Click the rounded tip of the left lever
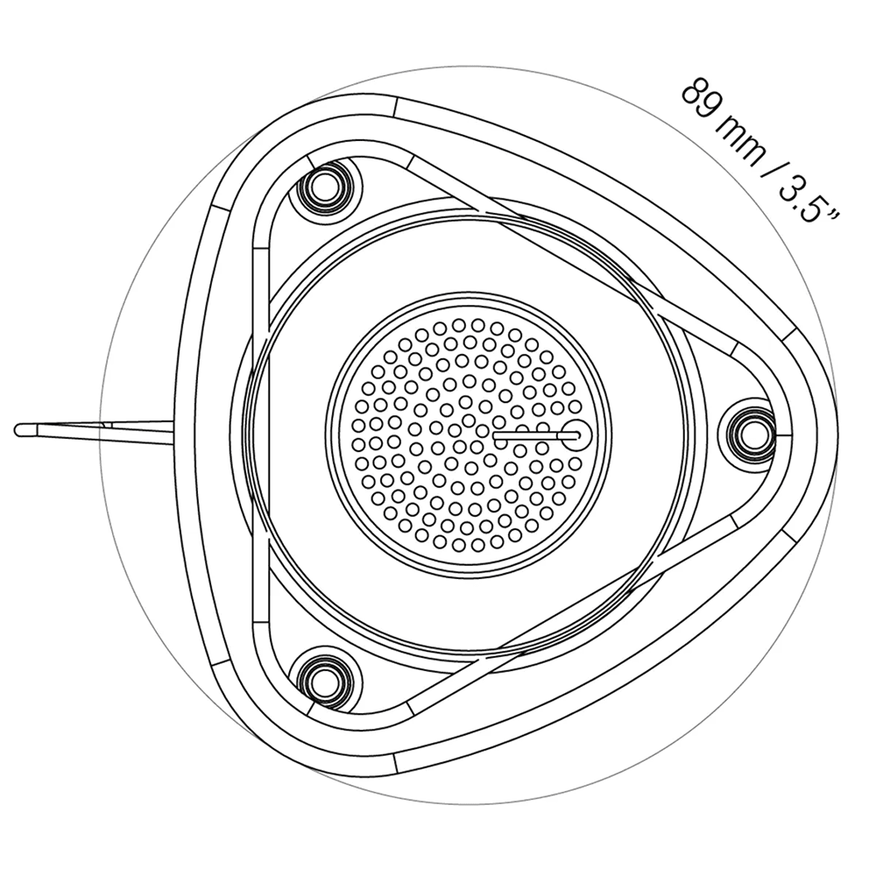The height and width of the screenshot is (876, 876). coord(18,430)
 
